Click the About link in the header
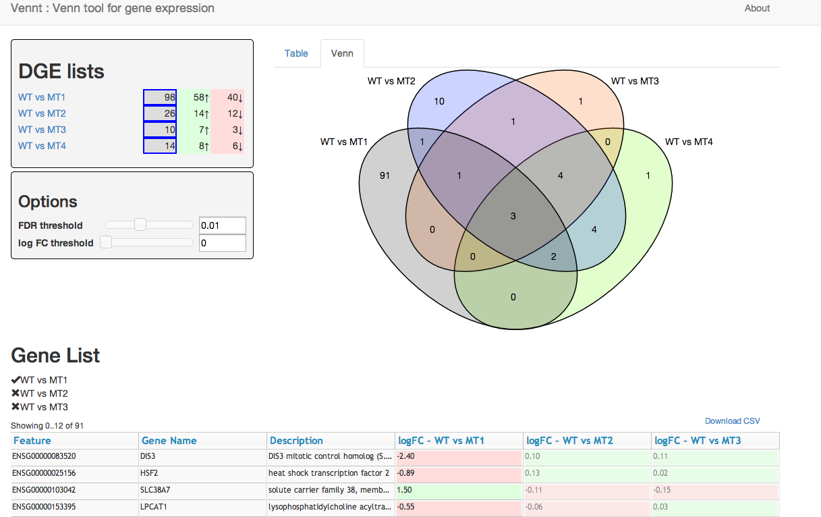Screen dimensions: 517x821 click(757, 9)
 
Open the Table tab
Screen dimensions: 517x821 click(296, 53)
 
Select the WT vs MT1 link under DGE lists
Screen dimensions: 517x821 click(42, 98)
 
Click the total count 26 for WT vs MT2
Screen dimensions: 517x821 click(160, 113)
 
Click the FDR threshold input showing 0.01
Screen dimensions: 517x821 click(222, 225)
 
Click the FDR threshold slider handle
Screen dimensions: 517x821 click(140, 225)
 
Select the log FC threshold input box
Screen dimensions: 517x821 click(222, 243)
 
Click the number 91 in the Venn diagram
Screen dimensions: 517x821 click(385, 175)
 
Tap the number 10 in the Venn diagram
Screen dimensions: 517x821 click(439, 102)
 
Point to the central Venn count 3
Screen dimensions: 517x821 click(513, 216)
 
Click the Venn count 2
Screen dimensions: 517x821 click(554, 256)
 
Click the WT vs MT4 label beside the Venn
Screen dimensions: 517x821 click(689, 142)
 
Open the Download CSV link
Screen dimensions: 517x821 click(732, 421)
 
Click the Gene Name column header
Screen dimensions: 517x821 click(169, 441)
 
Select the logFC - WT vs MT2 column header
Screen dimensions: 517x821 click(570, 441)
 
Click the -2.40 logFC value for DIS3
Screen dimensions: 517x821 click(406, 457)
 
